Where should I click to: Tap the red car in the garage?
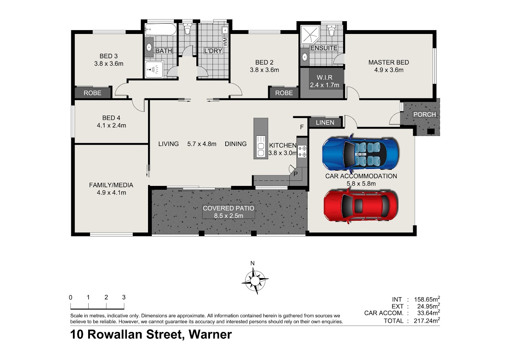(x=361, y=206)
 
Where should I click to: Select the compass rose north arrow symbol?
(x=255, y=281)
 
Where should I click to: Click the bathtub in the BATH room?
(x=161, y=30)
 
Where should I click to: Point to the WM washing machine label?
(x=225, y=42)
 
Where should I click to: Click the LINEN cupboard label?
(x=325, y=123)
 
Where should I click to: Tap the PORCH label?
(x=425, y=114)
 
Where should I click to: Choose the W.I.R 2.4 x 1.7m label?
(x=324, y=81)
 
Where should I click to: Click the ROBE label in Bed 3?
(x=92, y=93)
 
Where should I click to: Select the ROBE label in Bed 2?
(x=284, y=93)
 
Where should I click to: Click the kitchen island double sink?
(x=261, y=146)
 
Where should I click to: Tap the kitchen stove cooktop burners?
(x=302, y=152)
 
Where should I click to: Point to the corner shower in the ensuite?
(x=310, y=34)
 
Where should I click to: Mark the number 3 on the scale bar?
(x=123, y=297)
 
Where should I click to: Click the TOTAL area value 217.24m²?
(x=427, y=321)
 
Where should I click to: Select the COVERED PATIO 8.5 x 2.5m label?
(x=228, y=212)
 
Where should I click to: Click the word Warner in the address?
(x=210, y=335)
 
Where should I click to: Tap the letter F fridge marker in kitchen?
(x=302, y=127)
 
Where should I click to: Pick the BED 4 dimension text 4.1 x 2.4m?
(x=111, y=125)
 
